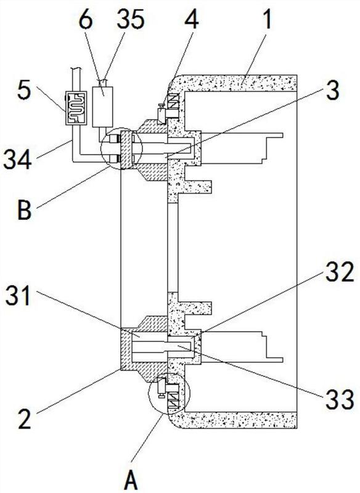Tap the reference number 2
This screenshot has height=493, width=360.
coord(25,417)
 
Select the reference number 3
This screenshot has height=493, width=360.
coord(332,89)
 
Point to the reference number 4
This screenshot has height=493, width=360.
coord(192,17)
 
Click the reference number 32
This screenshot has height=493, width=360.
coord(340,272)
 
